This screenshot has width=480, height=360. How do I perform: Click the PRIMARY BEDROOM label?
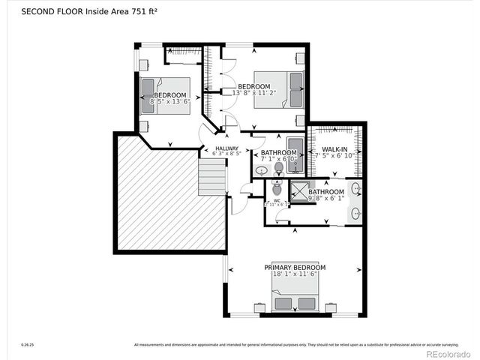click(x=295, y=267)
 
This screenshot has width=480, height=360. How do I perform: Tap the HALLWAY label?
click(x=226, y=148)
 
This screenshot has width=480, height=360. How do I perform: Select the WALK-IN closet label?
click(x=334, y=150)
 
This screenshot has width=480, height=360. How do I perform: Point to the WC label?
click(x=277, y=199)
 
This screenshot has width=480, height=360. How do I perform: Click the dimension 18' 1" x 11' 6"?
click(x=295, y=275)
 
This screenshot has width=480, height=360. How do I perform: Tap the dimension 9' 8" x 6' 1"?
click(x=325, y=199)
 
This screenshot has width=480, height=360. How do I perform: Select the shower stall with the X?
click(x=300, y=192)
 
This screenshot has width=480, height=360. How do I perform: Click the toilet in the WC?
click(x=277, y=188)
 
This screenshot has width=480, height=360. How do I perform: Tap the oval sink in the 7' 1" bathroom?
click(x=261, y=171)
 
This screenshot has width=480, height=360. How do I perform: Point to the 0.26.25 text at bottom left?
click(x=26, y=345)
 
